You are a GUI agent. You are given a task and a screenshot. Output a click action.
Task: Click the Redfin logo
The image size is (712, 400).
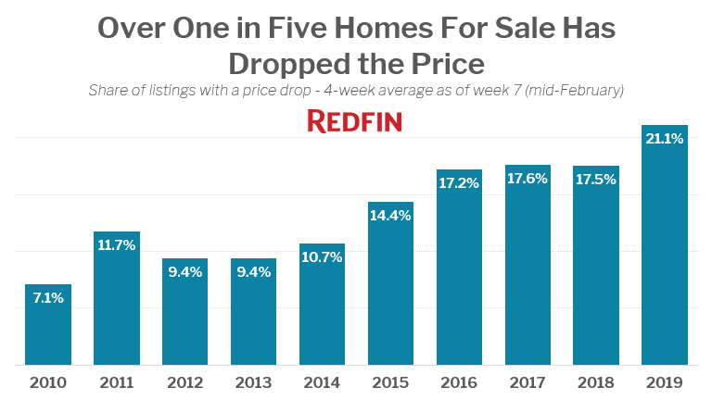[354, 121]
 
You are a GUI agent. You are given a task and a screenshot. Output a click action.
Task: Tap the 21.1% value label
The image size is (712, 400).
[664, 139]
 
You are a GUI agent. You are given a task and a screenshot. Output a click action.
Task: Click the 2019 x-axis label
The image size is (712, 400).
[664, 382]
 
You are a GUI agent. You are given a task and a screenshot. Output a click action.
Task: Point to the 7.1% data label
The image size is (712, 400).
[48, 298]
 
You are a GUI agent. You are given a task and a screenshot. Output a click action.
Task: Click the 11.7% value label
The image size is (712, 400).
[117, 245]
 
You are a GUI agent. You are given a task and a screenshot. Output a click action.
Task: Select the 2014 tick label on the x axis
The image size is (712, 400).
[322, 382]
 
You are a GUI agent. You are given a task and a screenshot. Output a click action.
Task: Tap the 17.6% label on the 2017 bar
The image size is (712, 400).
[528, 179]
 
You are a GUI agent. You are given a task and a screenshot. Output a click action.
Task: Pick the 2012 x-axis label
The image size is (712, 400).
[184, 382]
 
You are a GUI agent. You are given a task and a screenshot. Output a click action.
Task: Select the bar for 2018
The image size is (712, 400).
[596, 269]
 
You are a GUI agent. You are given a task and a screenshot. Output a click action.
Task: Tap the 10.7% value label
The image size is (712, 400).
[322, 257]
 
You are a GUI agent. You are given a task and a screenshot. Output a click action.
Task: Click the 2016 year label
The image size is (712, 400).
[459, 382]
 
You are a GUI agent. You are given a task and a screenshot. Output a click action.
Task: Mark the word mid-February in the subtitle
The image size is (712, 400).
[575, 91]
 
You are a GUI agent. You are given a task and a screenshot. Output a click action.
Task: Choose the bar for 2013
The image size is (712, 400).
[253, 315]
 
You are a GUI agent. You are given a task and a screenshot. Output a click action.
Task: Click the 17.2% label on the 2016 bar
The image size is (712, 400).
[459, 183]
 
